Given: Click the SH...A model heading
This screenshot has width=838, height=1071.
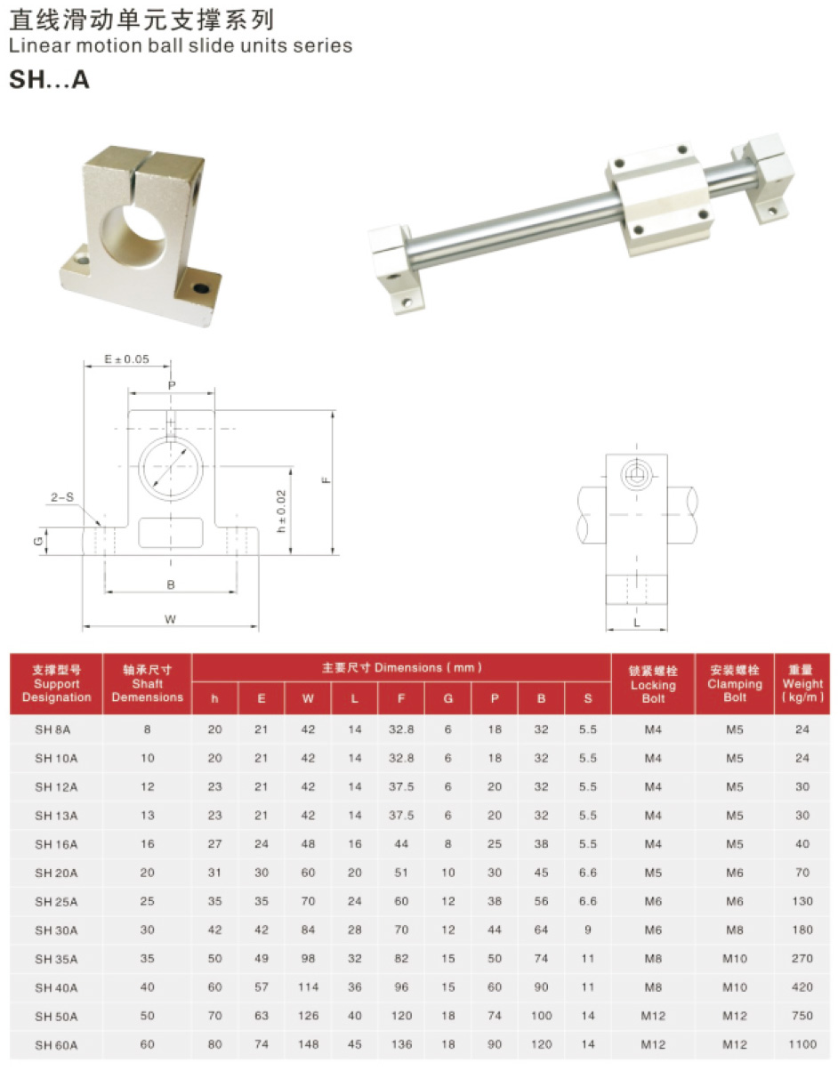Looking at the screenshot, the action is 49,79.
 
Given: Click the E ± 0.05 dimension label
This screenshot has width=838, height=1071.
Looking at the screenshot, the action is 126,358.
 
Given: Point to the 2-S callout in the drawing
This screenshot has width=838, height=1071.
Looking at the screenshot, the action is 62,497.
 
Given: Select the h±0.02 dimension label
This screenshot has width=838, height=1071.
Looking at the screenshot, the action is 281,511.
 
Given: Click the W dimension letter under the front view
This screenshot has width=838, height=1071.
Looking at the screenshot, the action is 171,619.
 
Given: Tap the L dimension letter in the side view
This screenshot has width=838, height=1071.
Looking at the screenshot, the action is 636,622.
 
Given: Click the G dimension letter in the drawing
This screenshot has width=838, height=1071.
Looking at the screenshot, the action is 38,541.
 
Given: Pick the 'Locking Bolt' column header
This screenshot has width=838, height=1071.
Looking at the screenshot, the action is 653,684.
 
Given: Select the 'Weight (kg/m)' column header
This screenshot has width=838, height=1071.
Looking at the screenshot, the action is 802,683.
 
